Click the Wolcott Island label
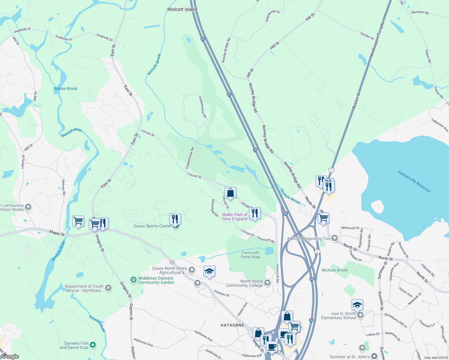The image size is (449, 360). [x=182, y=9]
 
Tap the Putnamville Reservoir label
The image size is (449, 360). [x=414, y=182]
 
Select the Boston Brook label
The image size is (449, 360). [x=65, y=88]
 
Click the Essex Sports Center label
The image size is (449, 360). [x=152, y=226]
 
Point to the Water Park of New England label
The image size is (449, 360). [x=235, y=217]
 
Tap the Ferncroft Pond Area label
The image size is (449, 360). [x=250, y=255]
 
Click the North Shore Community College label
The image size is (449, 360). [x=244, y=283]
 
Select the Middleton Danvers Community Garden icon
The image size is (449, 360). [x=133, y=280]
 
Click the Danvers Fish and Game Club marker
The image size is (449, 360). [x=93, y=345]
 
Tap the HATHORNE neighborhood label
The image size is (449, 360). [x=232, y=325]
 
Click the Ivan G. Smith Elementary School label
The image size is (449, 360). [x=339, y=316]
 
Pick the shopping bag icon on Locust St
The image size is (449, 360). [x=230, y=193]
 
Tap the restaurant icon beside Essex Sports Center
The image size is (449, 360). [x=175, y=219]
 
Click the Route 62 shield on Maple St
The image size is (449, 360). [x=172, y=262]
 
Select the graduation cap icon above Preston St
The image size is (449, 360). [x=209, y=271]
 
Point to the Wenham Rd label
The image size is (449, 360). [x=420, y=12]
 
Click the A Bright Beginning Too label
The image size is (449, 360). [x=309, y=239]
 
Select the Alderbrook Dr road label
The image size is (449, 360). [x=273, y=16]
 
